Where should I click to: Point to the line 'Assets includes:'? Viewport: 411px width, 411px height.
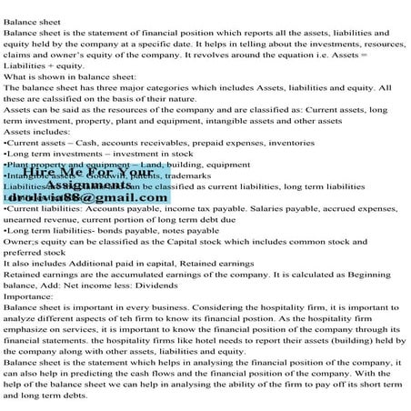(x=41, y=131)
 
